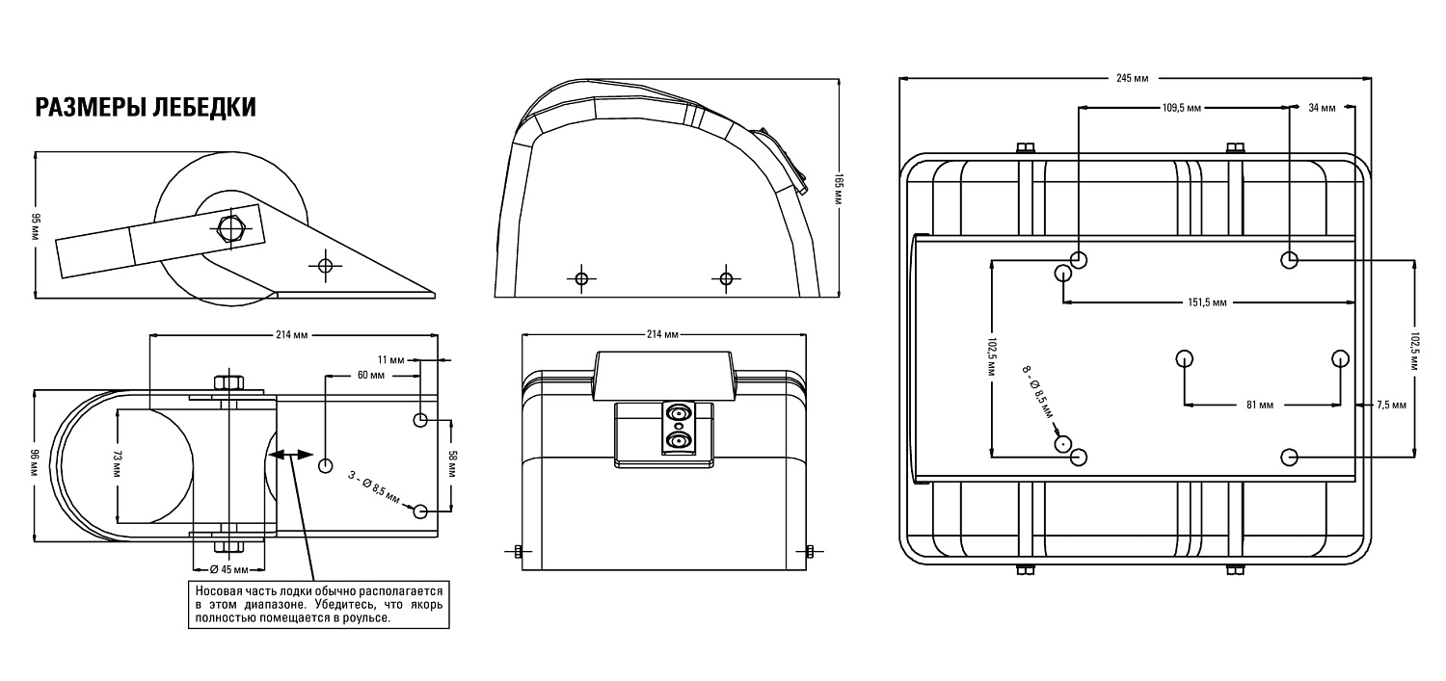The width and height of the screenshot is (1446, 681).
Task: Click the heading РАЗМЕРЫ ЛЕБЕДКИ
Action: coord(146,107)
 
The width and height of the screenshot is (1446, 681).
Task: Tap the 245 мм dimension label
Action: coord(1133,79)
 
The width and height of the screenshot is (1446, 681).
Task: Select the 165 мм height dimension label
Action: coord(839,188)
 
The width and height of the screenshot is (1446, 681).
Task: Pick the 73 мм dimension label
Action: coord(118,464)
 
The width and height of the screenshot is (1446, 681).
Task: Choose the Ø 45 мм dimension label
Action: coord(229,570)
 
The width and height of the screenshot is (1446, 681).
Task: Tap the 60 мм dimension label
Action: coord(370,375)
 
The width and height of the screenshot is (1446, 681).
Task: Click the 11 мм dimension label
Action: coord(391,360)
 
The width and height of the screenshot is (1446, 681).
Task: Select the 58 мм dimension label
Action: coord(452,464)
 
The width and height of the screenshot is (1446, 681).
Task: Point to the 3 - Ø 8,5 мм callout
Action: coord(374,486)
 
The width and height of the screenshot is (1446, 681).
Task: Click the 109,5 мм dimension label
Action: coord(1182,108)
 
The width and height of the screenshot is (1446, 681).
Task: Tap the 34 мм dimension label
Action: coord(1322,108)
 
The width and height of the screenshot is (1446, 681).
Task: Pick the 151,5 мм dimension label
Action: coord(1207,301)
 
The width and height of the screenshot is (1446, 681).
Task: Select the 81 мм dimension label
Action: coord(1259,405)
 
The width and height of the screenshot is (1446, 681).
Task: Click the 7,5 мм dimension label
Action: coord(1391,405)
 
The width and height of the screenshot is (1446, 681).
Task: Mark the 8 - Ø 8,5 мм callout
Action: coord(1037,392)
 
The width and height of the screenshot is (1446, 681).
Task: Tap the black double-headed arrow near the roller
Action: coord(290,456)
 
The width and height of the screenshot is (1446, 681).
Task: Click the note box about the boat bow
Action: coord(319,605)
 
